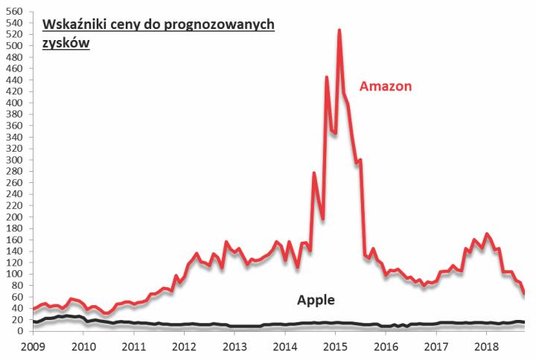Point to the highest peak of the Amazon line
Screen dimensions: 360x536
pos(339,31)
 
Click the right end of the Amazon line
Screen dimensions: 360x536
pos(523,294)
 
